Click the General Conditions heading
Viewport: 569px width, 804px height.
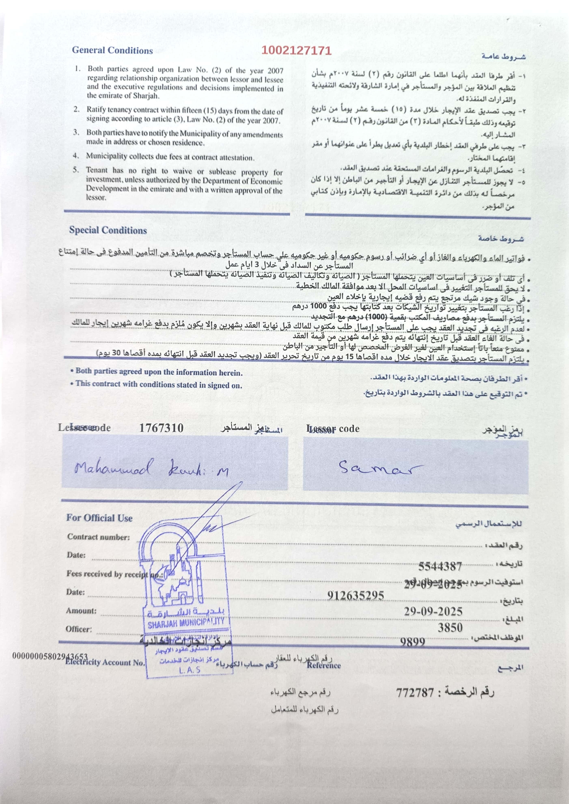click(112, 51)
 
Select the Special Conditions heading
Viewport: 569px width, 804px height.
click(108, 230)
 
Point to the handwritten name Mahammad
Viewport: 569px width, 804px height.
click(114, 468)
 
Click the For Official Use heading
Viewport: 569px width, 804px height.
click(99, 518)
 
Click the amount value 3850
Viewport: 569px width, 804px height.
click(450, 627)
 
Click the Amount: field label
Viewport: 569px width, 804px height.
click(81, 611)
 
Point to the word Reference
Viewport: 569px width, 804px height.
click(323, 665)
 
